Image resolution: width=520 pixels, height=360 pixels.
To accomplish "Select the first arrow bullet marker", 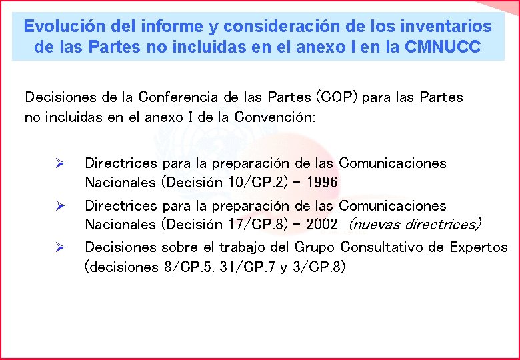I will tap(59, 163).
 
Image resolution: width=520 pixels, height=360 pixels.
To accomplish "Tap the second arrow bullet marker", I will tap(59, 206).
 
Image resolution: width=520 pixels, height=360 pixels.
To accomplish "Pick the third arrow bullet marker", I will tap(59, 247).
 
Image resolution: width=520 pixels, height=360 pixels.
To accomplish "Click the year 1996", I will tap(319, 182).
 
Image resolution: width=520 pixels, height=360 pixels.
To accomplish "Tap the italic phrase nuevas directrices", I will tap(415, 225).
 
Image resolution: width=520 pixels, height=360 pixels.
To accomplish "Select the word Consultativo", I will tap(382, 247).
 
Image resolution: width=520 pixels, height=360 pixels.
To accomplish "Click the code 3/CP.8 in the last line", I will tap(319, 267).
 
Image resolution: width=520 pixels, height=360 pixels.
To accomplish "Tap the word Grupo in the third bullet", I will tap(315, 247).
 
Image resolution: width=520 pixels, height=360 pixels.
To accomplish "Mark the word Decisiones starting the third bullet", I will tap(121, 247).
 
